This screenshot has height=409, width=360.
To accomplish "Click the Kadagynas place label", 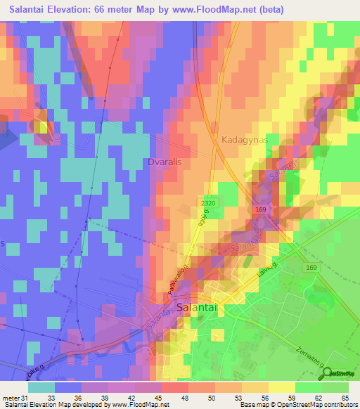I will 245,140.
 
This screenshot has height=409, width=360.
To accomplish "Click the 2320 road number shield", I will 207,202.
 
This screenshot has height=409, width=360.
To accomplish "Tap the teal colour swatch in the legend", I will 41,387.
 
